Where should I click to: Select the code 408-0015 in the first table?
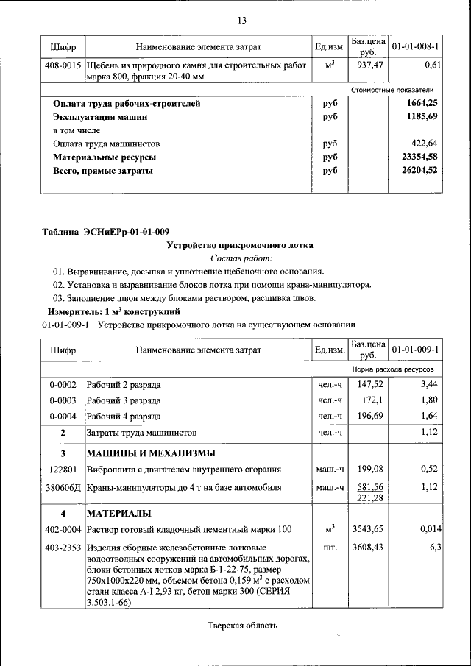pyautogui.click(x=63, y=65)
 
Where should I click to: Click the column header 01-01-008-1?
pyautogui.click(x=416, y=47)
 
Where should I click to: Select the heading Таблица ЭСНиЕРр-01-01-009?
pyautogui.click(x=106, y=233)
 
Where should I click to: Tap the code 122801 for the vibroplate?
pyautogui.click(x=63, y=469)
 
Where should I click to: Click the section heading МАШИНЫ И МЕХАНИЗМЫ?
pyautogui.click(x=151, y=453)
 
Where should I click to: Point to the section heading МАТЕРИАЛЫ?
pyautogui.click(x=119, y=512)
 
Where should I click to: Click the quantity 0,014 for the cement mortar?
pyautogui.click(x=430, y=529)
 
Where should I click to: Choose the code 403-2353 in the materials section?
pyautogui.click(x=63, y=547)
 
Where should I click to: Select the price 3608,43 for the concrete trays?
pyautogui.click(x=368, y=547)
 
